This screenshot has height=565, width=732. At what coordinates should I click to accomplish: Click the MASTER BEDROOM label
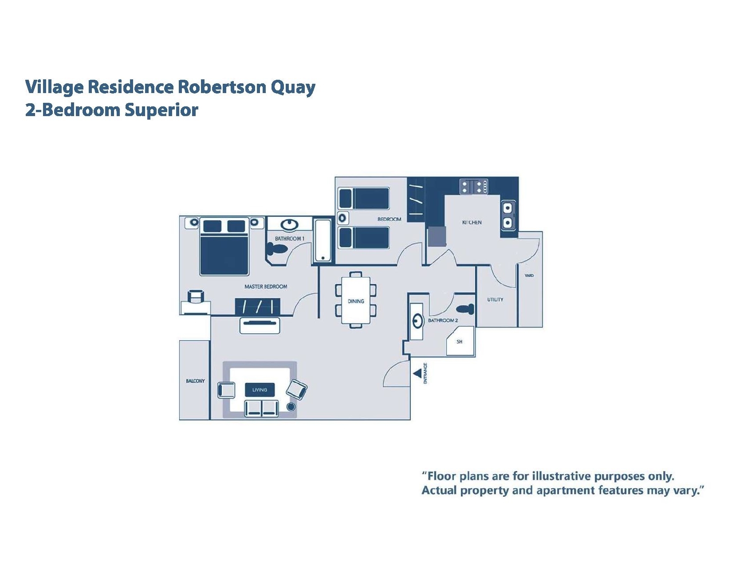(266, 287)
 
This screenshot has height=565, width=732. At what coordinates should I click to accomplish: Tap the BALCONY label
(195, 381)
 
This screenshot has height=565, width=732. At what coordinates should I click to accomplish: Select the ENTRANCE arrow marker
(417, 374)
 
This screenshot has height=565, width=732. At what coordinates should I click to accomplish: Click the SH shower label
(460, 342)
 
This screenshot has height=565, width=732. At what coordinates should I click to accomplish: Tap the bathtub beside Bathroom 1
(323, 240)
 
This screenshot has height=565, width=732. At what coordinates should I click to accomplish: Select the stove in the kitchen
(473, 187)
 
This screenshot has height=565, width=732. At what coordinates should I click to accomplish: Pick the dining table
(356, 300)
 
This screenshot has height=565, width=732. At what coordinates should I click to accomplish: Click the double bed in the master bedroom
(224, 247)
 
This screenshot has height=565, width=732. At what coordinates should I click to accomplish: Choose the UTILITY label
(495, 300)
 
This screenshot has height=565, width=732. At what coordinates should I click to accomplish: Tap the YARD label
(529, 276)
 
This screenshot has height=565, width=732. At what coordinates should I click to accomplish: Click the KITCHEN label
(472, 222)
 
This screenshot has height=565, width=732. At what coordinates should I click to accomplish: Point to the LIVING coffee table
(260, 390)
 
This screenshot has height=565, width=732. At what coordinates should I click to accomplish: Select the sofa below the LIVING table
(262, 408)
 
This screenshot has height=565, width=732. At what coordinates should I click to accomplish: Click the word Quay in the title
(293, 87)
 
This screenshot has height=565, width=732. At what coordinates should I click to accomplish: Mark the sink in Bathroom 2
(417, 321)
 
